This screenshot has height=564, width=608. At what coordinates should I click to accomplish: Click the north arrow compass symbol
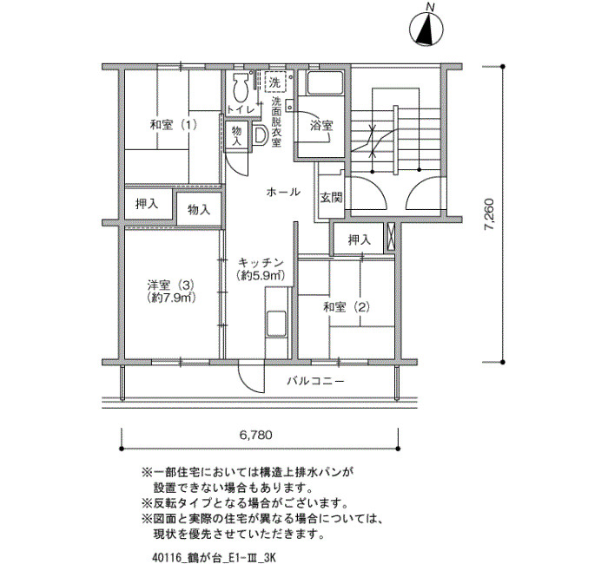pos(425,30)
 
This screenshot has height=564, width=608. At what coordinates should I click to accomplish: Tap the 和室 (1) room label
pos(173,125)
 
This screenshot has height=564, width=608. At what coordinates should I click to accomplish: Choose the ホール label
pos(284,191)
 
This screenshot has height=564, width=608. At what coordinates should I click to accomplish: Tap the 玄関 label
pos(331,197)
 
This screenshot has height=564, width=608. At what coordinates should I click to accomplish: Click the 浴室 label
pos(321,125)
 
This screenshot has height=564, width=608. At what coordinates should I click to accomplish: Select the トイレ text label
pos(240,109)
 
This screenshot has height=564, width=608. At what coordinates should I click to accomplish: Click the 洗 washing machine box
pos(274,83)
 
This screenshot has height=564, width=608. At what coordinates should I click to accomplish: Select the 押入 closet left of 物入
pos(147,206)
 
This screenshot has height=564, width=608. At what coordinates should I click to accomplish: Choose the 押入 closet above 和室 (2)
pos(359,239)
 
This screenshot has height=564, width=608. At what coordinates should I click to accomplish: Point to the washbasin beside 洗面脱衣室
pos(260,134)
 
